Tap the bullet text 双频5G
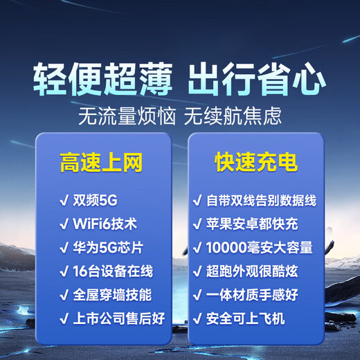(x=95, y=201)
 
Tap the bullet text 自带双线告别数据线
(x=262, y=201)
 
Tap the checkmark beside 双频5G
(x=63, y=201)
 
